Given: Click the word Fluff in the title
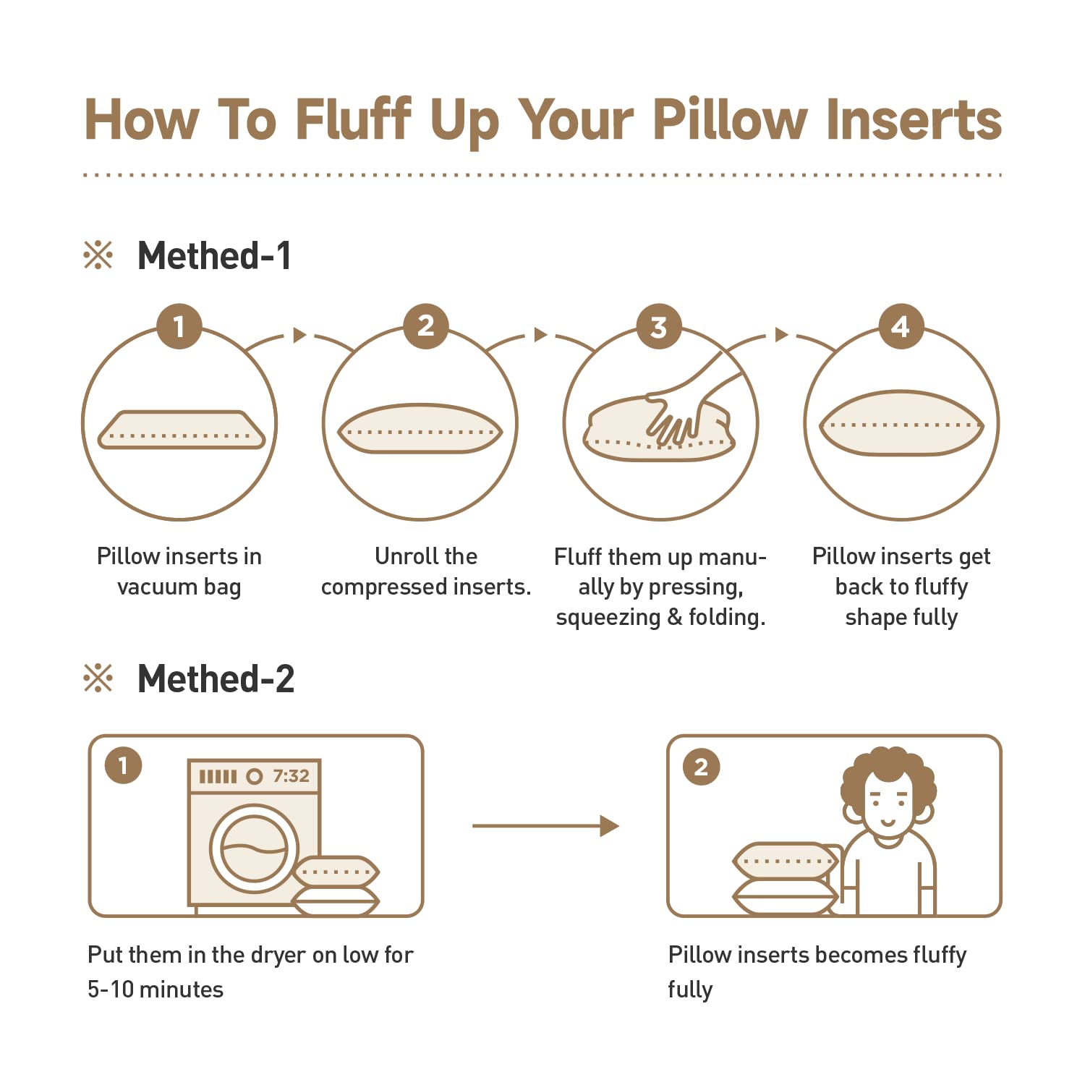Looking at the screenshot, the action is [354, 119].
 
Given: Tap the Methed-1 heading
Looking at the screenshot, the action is [214, 256].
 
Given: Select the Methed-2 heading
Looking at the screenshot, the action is [216, 679].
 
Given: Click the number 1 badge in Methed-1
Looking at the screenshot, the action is [179, 326].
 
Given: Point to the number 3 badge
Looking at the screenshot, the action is [659, 326].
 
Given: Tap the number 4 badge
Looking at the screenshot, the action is [901, 326].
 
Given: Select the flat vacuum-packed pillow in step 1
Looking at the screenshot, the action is [182, 430].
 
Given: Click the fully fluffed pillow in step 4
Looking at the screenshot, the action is [901, 423].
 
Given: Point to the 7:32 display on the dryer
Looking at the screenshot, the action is [291, 776].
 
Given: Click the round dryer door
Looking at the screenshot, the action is [254, 848].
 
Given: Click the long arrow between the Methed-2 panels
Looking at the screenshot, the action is [545, 826].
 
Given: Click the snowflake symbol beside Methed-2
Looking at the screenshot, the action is [98, 679].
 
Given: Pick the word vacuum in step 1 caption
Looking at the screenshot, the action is [157, 587].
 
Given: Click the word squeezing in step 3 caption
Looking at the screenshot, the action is [608, 618].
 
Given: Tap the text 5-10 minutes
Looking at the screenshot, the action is [156, 989].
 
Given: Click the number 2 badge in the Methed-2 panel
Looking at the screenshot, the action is [701, 766].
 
